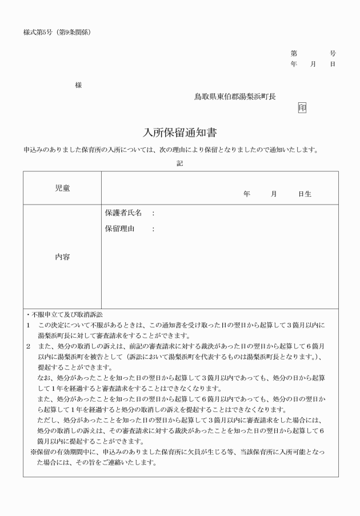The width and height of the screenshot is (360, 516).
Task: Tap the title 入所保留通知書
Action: coord(179,133)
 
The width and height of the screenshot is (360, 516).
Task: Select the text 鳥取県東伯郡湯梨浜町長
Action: coord(235,97)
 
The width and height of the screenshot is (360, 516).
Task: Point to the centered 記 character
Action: coord(180,163)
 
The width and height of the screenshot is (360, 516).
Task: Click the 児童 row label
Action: coord(62,188)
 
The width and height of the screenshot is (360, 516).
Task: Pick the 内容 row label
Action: coord(62,257)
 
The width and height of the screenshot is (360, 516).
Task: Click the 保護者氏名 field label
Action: coord(123,213)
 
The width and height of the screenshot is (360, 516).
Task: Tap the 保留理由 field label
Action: coord(119,229)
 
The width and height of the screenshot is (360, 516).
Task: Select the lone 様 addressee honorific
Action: coord(78,85)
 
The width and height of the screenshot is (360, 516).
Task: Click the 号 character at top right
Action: coord(333,53)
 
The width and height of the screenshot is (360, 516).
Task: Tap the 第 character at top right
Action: coord(294,53)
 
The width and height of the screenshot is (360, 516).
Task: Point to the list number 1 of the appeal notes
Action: coord(27,325)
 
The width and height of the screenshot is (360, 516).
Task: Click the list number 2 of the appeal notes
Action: coord(27,346)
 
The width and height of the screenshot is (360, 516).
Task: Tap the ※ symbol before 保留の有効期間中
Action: coord(34,452)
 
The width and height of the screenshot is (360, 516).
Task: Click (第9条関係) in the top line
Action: coord(74,31)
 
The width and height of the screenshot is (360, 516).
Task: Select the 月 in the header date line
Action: coord(313,64)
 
